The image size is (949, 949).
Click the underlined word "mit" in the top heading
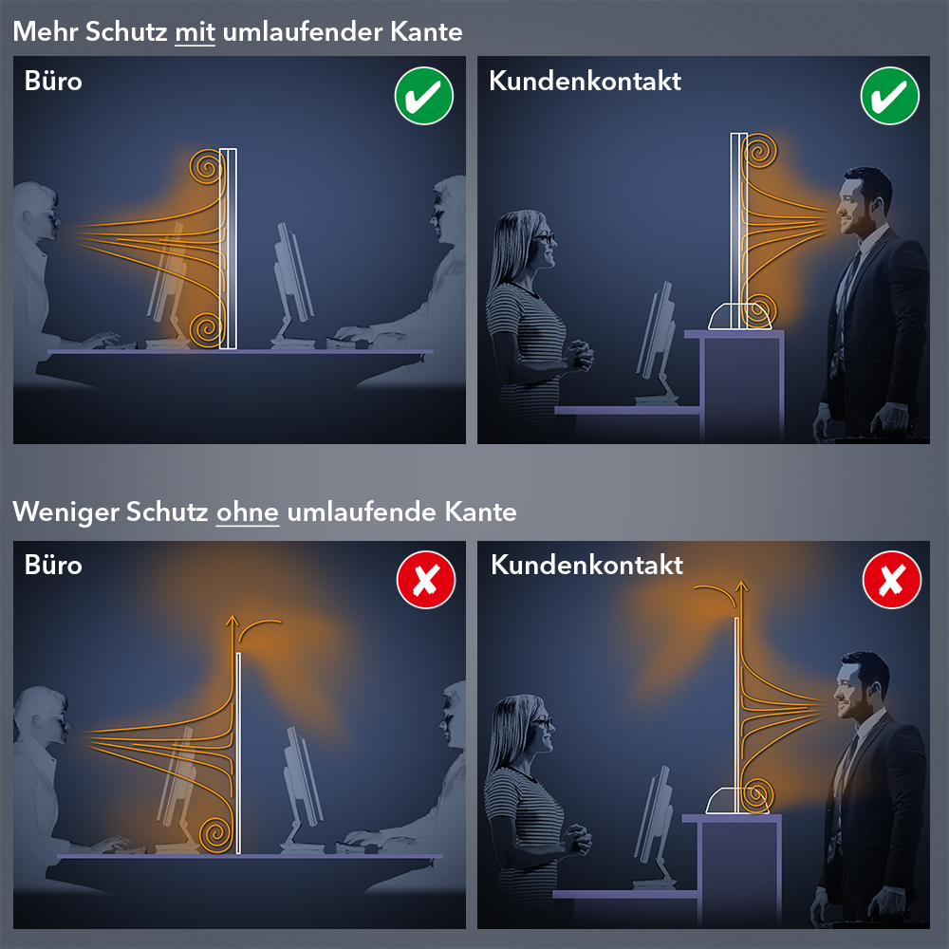tap(195, 32)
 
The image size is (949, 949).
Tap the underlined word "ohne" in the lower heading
tap(248, 512)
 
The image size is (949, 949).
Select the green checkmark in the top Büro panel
tap(423, 96)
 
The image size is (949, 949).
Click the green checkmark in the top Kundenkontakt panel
tap(890, 96)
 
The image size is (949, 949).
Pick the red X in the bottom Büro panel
tap(426, 580)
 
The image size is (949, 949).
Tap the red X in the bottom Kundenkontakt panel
tap(892, 580)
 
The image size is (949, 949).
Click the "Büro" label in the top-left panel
tap(53, 81)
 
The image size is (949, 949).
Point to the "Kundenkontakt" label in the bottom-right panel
tap(586, 565)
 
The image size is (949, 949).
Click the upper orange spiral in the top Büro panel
tap(206, 166)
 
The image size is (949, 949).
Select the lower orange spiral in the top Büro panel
tap(206, 329)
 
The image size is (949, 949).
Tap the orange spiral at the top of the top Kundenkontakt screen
tap(760, 150)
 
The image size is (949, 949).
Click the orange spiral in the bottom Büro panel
tap(215, 834)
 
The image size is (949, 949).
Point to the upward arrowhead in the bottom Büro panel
tap(233, 621)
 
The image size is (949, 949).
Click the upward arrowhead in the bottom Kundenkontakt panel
tap(741, 586)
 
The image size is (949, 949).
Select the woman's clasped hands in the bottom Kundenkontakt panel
tap(577, 838)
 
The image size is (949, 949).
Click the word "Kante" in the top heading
tap(426, 32)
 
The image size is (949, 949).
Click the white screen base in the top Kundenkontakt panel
tap(740, 316)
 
